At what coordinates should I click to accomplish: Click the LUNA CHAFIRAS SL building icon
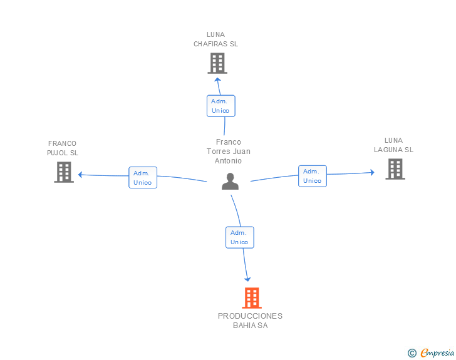coord(217,63)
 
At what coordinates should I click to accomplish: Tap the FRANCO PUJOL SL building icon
coord(64,172)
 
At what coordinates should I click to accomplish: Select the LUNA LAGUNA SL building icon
coord(395,169)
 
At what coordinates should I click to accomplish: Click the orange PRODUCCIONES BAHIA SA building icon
coord(252,298)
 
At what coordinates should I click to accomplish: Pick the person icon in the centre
coord(230,182)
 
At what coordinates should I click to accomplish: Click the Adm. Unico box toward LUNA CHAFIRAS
coord(221,106)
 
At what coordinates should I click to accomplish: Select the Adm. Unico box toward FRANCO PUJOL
coord(143,177)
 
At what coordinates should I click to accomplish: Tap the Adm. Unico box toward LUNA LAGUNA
coord(313,176)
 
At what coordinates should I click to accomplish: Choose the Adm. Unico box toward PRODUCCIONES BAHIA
coord(240,237)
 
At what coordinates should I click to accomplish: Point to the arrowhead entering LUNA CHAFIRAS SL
coord(217,80)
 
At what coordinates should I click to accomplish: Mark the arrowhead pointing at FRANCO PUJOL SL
coord(81,175)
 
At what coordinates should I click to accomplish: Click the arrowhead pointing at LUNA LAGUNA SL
coord(372,172)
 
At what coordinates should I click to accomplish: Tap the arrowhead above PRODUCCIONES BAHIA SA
coord(247,279)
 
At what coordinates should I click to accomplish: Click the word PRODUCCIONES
coord(250,316)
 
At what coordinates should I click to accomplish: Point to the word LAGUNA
coord(388,150)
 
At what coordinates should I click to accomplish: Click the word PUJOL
coord(58,153)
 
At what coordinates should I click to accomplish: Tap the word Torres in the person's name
coord(216,152)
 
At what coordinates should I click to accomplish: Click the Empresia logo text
coord(437,352)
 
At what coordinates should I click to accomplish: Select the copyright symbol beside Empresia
coord(412,353)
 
